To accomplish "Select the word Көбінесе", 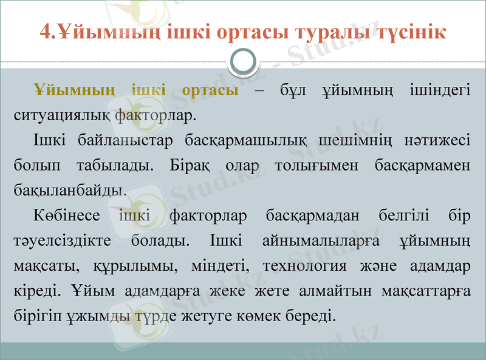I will [x=66, y=215].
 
